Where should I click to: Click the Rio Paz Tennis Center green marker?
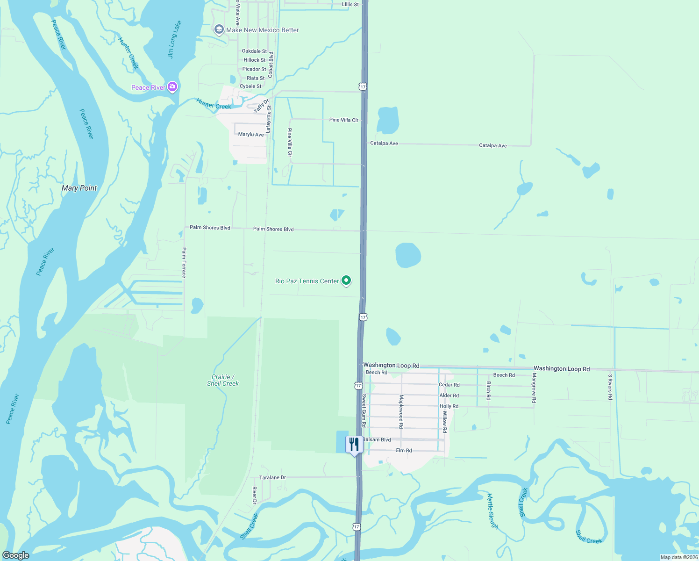point(346,280)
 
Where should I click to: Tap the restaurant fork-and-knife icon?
point(354,445)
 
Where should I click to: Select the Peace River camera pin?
point(172,87)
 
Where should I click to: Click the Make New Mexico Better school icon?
point(219,30)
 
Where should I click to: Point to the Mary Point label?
point(79,188)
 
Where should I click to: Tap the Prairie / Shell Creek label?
point(223,380)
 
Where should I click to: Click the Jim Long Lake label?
point(174,39)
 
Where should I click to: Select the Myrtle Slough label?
point(492,511)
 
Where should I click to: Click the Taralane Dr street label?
point(272,477)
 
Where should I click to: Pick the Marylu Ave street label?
point(251,135)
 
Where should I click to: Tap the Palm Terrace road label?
point(184,263)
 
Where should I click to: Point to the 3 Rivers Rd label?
point(610,387)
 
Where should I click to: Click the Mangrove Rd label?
point(534,388)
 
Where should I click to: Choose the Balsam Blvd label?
point(377,439)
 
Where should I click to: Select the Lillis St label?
point(350,4)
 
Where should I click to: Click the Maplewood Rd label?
point(401,411)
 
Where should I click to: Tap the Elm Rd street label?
point(404,451)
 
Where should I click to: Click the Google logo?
point(15,555)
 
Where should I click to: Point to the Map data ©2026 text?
point(679,557)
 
